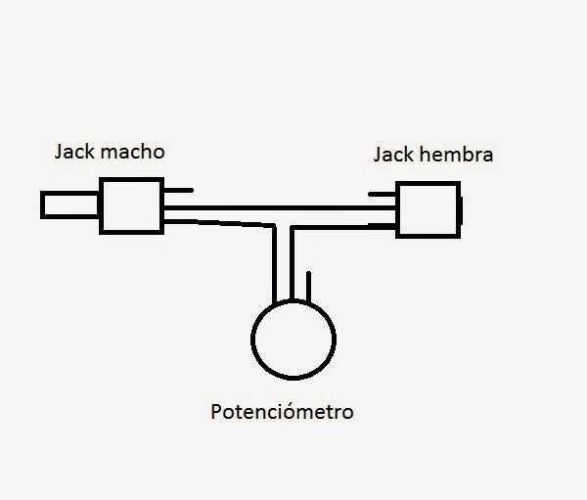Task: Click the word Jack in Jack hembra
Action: pyautogui.click(x=395, y=155)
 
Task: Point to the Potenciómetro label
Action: pyautogui.click(x=282, y=412)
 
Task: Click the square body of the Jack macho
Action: pyautogui.click(x=129, y=205)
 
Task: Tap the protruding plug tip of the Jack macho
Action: pyautogui.click(x=68, y=205)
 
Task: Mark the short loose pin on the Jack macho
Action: pyautogui.click(x=181, y=189)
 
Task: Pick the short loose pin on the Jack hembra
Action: pyautogui.click(x=382, y=194)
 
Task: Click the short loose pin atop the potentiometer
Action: pyautogui.click(x=309, y=286)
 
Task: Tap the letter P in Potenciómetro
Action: pyautogui.click(x=216, y=412)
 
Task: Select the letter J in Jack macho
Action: pyautogui.click(x=59, y=153)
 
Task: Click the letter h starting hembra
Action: pyautogui.click(x=428, y=155)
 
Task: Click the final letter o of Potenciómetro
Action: pyautogui.click(x=347, y=413)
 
